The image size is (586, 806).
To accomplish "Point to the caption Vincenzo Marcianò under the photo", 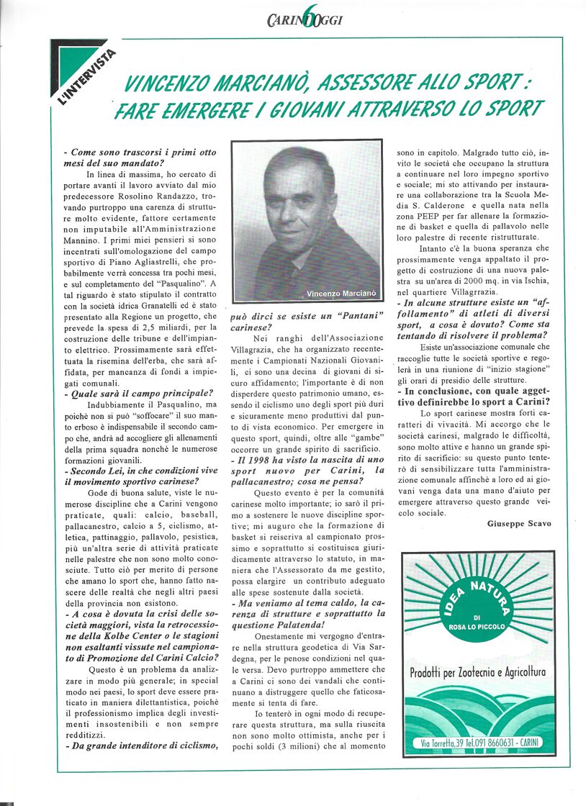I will pos(341,294).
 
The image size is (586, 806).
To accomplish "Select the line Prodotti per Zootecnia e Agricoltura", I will pos(478,672).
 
